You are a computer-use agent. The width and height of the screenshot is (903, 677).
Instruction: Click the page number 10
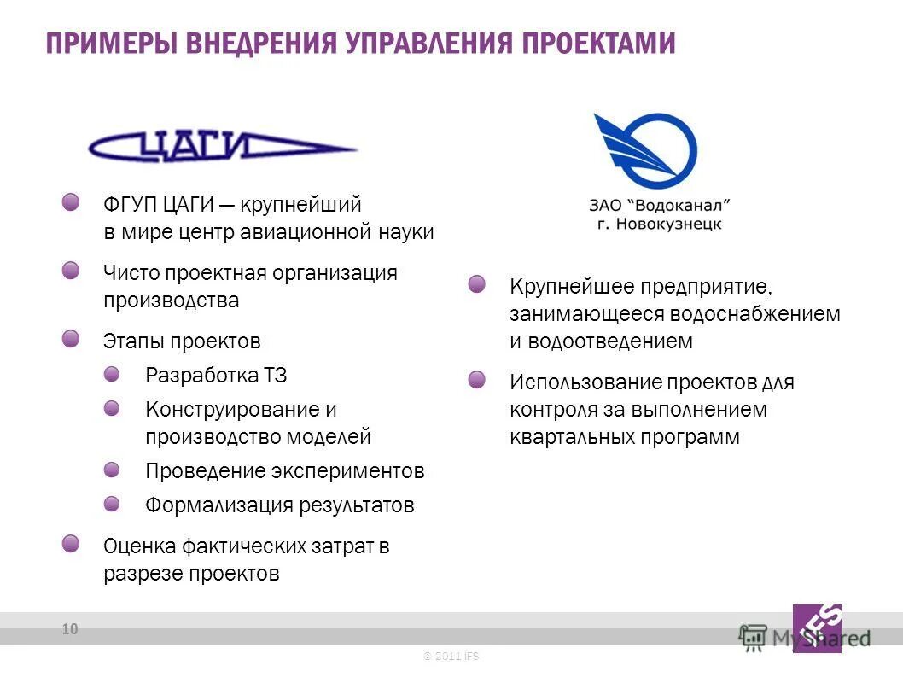click(x=69, y=630)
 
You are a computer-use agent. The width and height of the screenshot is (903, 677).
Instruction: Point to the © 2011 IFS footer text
click(x=451, y=656)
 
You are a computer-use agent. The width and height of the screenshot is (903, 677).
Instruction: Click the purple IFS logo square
click(x=817, y=628)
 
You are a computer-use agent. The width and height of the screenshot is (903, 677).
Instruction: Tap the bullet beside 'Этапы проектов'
click(x=71, y=339)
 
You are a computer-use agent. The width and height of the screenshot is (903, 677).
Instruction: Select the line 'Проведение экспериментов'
click(x=284, y=471)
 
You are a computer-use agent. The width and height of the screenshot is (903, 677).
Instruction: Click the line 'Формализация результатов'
click(x=279, y=505)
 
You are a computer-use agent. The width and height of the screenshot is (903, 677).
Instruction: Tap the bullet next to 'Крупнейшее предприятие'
click(x=477, y=283)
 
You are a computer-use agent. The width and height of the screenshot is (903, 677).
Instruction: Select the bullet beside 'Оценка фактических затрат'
click(x=71, y=543)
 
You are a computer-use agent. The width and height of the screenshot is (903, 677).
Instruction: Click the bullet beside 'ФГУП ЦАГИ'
click(x=71, y=202)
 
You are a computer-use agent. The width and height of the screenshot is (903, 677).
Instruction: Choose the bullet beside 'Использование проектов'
click(x=477, y=379)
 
